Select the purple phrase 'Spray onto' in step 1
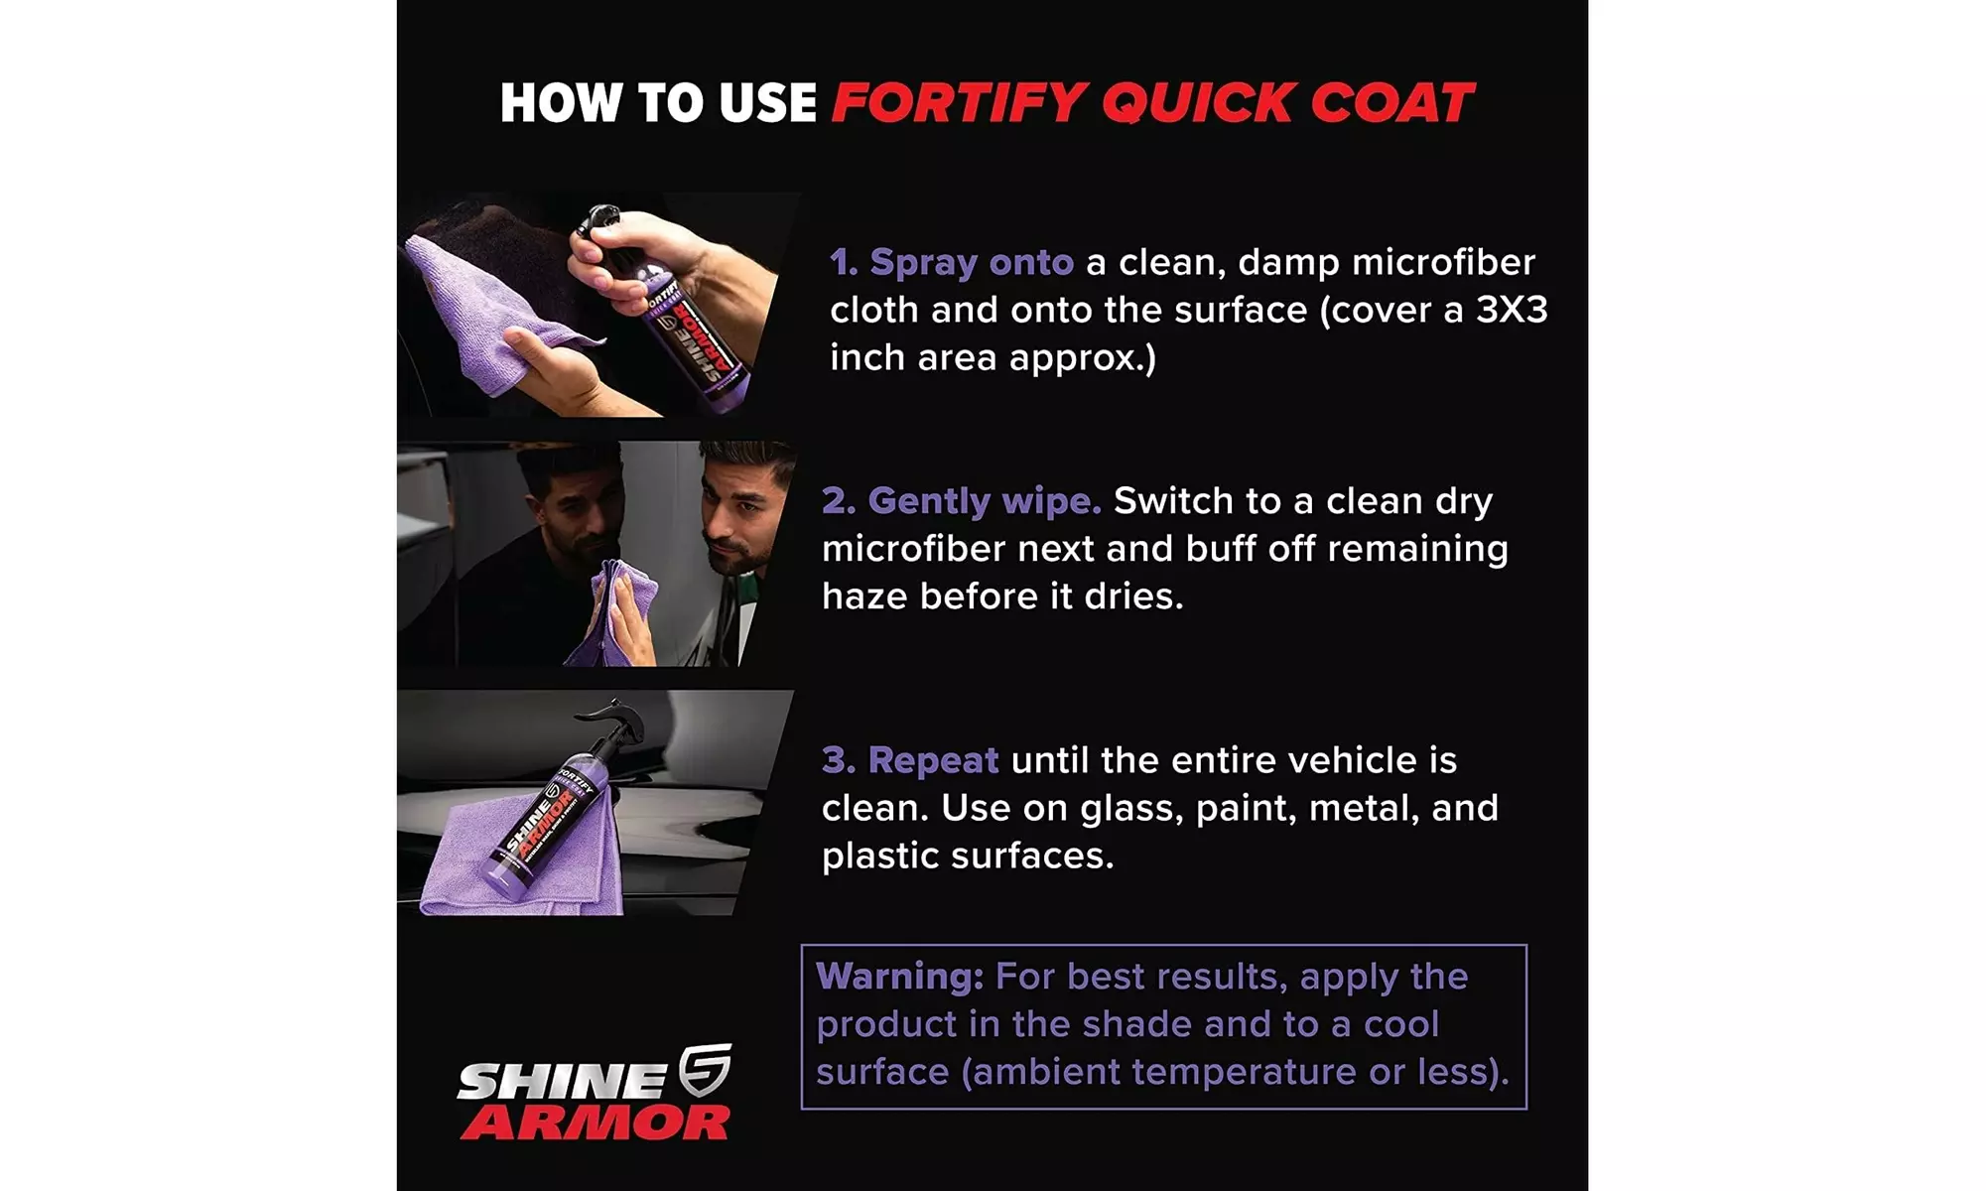click(971, 262)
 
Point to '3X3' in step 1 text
click(1512, 310)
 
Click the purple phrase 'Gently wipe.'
click(984, 501)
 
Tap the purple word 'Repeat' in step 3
click(933, 760)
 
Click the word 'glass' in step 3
click(1131, 809)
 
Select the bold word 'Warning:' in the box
click(899, 977)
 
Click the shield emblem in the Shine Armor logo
click(705, 1069)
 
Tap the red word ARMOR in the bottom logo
click(596, 1124)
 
